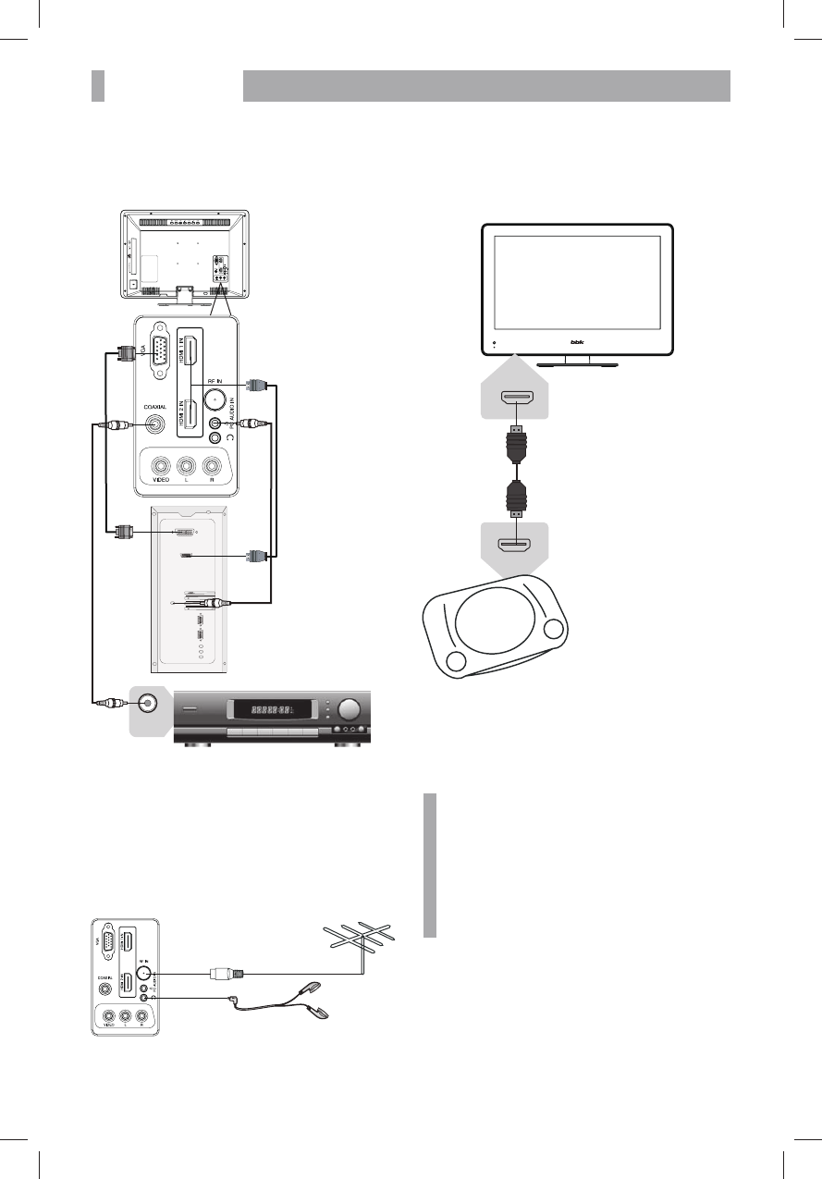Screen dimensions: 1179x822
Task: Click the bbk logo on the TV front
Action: (x=579, y=342)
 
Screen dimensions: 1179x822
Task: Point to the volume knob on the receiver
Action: (x=350, y=709)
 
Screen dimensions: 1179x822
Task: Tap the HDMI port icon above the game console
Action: (x=514, y=544)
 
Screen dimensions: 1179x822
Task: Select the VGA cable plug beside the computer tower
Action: (x=121, y=532)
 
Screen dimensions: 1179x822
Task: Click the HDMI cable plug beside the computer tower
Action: (x=256, y=556)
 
